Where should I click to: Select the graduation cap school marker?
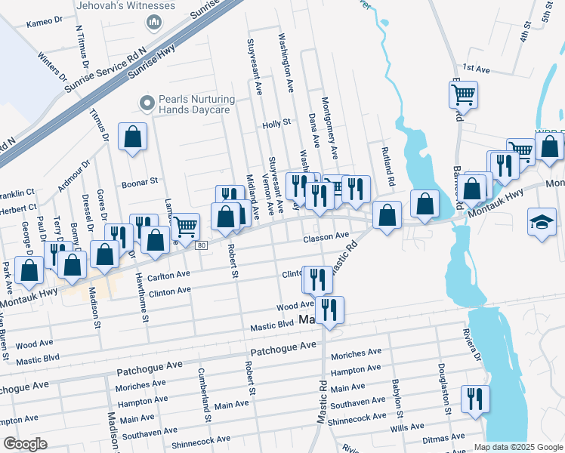pos(542,221)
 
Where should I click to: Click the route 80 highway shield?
pos(200,245)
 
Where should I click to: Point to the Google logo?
pos(25,444)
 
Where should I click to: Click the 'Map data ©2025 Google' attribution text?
pos(517,447)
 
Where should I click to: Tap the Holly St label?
pos(276,124)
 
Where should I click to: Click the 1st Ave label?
pos(477,69)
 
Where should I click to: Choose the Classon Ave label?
pos(326,238)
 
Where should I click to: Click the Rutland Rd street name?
pos(388,168)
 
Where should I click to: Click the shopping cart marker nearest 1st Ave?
pos(463,94)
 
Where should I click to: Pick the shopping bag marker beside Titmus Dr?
pos(132,137)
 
